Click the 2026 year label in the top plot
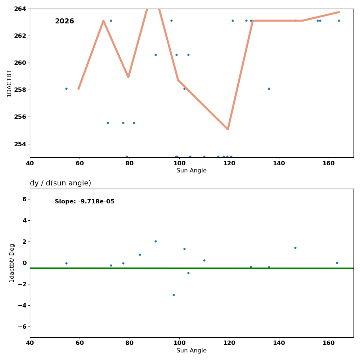(x=64, y=21)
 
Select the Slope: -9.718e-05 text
(x=85, y=202)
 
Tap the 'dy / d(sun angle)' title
(x=60, y=183)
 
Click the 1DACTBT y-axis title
(x=9, y=83)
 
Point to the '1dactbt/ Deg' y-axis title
(x=12, y=263)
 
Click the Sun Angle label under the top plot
(x=192, y=171)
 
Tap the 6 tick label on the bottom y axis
(x=24, y=199)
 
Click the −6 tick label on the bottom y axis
(x=22, y=327)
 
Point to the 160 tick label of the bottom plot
(x=329, y=343)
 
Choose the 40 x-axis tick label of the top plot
(x=30, y=163)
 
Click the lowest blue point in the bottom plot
(x=174, y=295)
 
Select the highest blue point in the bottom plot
(x=156, y=241)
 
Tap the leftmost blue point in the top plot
(x=66, y=89)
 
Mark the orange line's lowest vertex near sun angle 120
(x=228, y=129)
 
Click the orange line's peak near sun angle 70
(x=103, y=21)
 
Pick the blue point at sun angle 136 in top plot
(x=269, y=89)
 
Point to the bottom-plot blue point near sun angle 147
(x=295, y=248)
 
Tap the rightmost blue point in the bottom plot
(x=337, y=263)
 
